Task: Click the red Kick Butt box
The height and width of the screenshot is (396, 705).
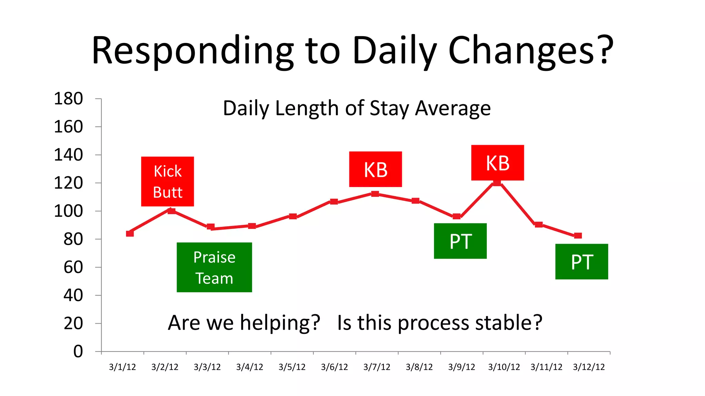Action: pos(167,181)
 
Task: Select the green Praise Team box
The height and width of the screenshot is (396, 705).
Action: pos(214,267)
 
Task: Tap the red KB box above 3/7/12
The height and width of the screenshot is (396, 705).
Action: pos(375,169)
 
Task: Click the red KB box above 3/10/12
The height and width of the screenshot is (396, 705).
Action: pos(497,163)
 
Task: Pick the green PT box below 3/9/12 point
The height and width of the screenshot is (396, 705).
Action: pos(460,241)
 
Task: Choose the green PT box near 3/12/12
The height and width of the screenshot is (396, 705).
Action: pos(581,262)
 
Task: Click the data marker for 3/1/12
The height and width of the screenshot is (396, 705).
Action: pos(130,233)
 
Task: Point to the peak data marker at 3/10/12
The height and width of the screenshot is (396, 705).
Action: pos(497,183)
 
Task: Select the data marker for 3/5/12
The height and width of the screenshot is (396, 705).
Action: pos(293,216)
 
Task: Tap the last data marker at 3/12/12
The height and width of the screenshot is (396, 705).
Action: pos(578,235)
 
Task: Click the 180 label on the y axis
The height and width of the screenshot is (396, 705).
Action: pos(68,99)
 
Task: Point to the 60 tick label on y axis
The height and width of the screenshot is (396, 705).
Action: pos(73,267)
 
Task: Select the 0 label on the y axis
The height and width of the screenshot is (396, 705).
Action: pos(78,351)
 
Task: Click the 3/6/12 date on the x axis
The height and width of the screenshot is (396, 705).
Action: pos(334,367)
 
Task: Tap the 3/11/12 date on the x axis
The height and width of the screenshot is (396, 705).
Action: pos(546,367)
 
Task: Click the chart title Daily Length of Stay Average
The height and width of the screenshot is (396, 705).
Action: pos(357,108)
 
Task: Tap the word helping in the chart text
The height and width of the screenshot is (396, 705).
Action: pos(280,323)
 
